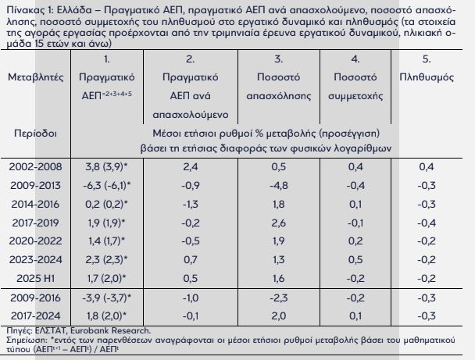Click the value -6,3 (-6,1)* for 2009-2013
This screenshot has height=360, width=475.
click(x=106, y=185)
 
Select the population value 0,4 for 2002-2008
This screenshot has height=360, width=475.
click(x=426, y=166)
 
